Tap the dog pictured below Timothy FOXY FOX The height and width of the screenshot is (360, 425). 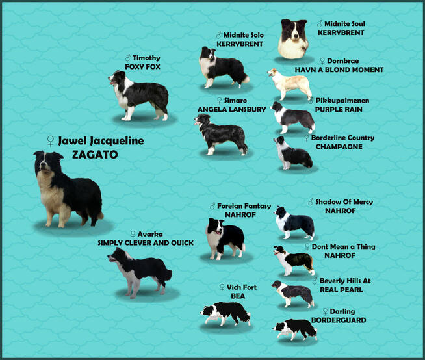pyautogui.click(x=139, y=96)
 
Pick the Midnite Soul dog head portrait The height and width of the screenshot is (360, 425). pyautogui.click(x=293, y=38)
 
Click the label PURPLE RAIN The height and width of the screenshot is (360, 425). pyautogui.click(x=339, y=110)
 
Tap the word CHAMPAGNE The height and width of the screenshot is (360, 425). pyautogui.click(x=339, y=147)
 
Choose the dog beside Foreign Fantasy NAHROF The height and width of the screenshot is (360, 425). pyautogui.click(x=224, y=237)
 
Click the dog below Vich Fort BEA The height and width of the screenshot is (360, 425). pyautogui.click(x=225, y=314)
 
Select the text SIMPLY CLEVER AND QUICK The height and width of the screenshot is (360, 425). pyautogui.click(x=146, y=243)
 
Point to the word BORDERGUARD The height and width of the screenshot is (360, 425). pyautogui.click(x=339, y=320)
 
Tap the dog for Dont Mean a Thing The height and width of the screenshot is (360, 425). pyautogui.click(x=294, y=259)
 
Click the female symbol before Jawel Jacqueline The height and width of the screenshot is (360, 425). pyautogui.click(x=50, y=141)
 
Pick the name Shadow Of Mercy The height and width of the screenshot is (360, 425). pyautogui.click(x=344, y=202)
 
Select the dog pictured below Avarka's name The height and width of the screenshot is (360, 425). pyautogui.click(x=139, y=270)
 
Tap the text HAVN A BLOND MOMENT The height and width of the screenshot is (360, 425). pyautogui.click(x=339, y=70)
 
